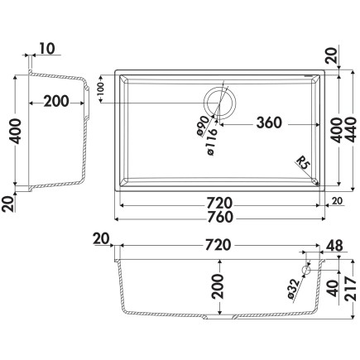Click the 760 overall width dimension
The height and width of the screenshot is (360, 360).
[x=221, y=218]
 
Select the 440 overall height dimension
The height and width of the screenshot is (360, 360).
[x=350, y=130]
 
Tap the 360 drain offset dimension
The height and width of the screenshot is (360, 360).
[x=269, y=123]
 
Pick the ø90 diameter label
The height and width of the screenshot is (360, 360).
[x=203, y=127]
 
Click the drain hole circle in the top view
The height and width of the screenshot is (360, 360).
[x=220, y=103]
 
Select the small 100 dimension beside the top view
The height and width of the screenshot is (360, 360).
[x=101, y=89]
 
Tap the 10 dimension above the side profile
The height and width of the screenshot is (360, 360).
[x=47, y=48]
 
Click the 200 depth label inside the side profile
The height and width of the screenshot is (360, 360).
[x=56, y=102]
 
